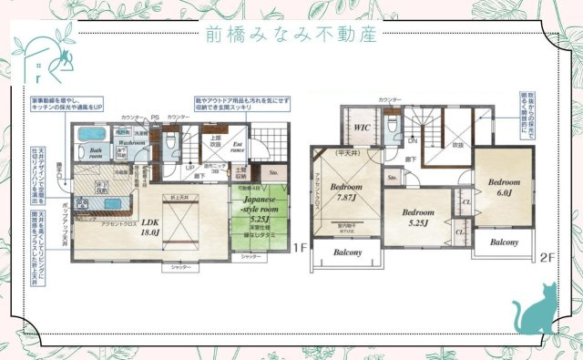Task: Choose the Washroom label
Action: (132, 143)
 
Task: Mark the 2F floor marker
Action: (547, 258)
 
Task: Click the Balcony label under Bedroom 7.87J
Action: (347, 252)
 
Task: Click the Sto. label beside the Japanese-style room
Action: (274, 170)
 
